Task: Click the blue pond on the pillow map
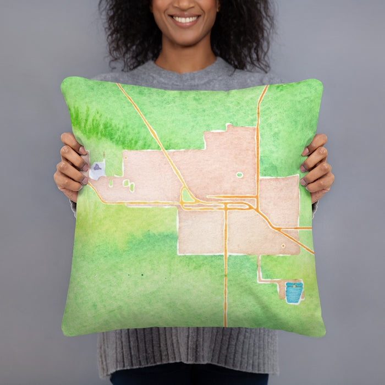coord(294,292)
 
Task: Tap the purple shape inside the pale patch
coord(97,167)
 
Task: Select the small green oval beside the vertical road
coord(239,175)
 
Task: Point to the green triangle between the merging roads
coord(188,195)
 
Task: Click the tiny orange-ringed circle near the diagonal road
coord(283,246)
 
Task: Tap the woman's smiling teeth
coord(185,19)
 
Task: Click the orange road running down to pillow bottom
coord(225,286)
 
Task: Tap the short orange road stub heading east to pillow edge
coord(300,228)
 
